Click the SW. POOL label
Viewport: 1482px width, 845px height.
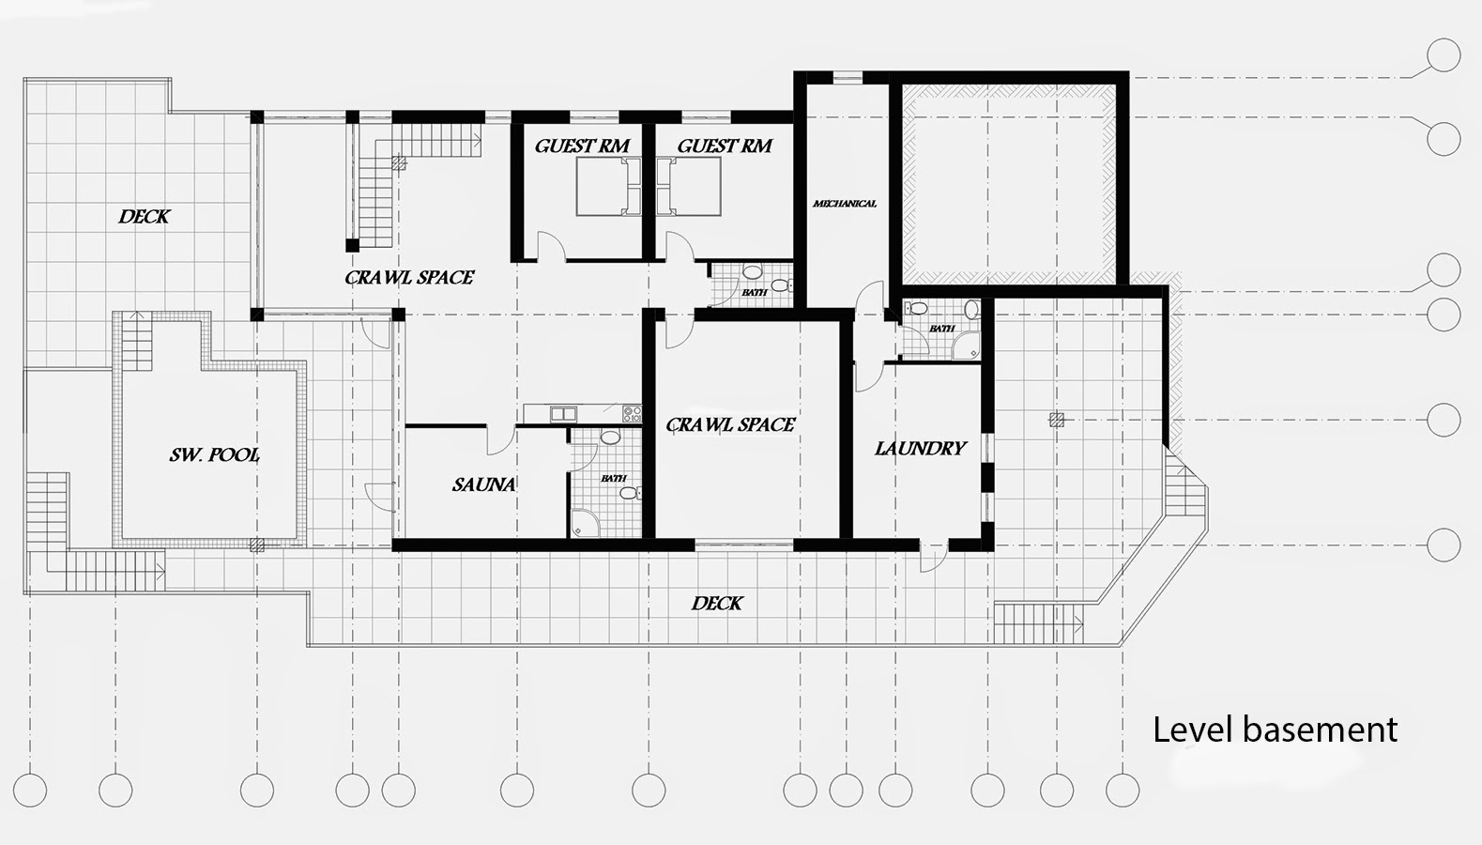pyautogui.click(x=214, y=454)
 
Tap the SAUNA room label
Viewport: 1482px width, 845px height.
pyautogui.click(x=483, y=485)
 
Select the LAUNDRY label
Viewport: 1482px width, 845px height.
pyautogui.click(x=921, y=449)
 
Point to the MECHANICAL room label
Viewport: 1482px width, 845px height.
pyautogui.click(x=844, y=204)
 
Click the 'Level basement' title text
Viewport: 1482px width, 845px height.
pyautogui.click(x=1275, y=730)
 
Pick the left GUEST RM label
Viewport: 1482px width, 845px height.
pyautogui.click(x=582, y=146)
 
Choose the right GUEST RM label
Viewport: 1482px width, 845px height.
pyautogui.click(x=725, y=146)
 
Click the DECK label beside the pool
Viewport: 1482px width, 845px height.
pyautogui.click(x=144, y=216)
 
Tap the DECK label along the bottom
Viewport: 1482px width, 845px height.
pyautogui.click(x=717, y=603)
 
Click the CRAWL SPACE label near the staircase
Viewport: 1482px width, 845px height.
pyautogui.click(x=409, y=277)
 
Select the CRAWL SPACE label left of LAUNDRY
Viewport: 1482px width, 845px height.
pyautogui.click(x=730, y=424)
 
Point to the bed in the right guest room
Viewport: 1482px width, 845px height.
pyautogui.click(x=689, y=187)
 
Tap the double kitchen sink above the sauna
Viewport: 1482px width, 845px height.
pyautogui.click(x=563, y=414)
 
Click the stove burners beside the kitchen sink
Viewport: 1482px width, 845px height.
pyautogui.click(x=632, y=414)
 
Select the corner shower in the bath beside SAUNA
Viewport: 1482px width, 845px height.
pyautogui.click(x=586, y=522)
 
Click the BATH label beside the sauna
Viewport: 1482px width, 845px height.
pyautogui.click(x=613, y=478)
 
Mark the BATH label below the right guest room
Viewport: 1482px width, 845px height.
pyautogui.click(x=755, y=292)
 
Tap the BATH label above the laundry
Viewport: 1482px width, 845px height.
pyautogui.click(x=941, y=329)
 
